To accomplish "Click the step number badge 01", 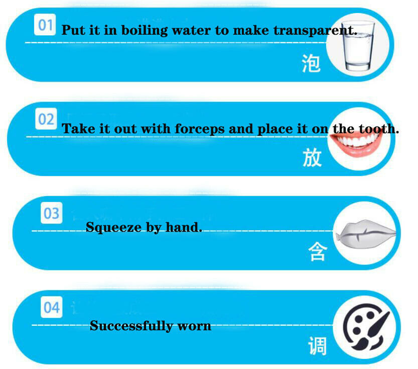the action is (x=45, y=25).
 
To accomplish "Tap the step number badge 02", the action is (x=46, y=119).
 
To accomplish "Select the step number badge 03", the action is (x=52, y=213).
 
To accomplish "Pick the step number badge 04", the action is (x=52, y=307).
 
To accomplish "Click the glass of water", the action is (x=358, y=45).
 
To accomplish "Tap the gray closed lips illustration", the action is (x=366, y=234).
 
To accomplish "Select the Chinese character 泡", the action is (x=311, y=63).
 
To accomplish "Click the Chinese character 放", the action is (x=312, y=157).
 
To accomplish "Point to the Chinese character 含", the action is (x=318, y=251).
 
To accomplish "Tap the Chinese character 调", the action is (x=318, y=346).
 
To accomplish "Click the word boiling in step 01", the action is (x=145, y=31).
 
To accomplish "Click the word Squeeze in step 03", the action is (x=113, y=228).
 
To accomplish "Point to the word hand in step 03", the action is (x=184, y=227).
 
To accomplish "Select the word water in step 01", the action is (x=191, y=31).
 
